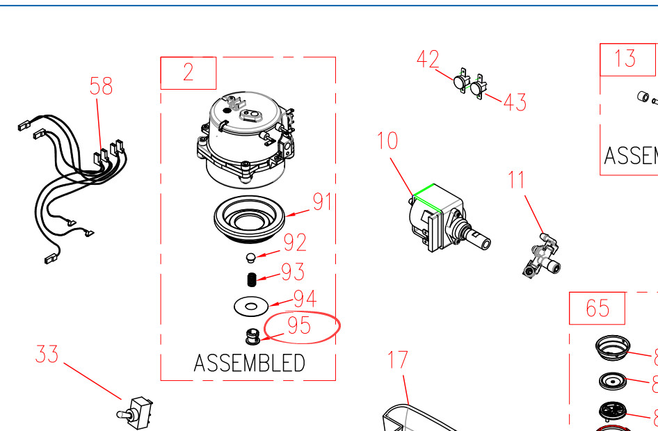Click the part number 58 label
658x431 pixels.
click(x=101, y=86)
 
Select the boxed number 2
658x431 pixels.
click(x=188, y=72)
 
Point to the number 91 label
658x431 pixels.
click(x=322, y=202)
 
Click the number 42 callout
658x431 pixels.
click(x=428, y=60)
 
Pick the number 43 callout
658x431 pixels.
click(x=515, y=103)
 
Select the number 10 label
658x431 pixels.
click(x=387, y=140)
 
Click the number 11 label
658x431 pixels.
click(x=516, y=180)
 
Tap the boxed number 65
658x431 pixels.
click(x=597, y=308)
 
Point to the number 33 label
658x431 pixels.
click(x=47, y=354)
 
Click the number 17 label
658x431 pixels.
click(x=398, y=360)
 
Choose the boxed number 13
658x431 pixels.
click(x=625, y=58)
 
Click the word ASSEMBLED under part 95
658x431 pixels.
click(x=249, y=363)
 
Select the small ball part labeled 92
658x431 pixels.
click(x=251, y=259)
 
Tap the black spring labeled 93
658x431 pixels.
click(x=252, y=279)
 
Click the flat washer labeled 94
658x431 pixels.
click(x=251, y=304)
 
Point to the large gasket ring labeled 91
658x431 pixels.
click(x=250, y=220)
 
